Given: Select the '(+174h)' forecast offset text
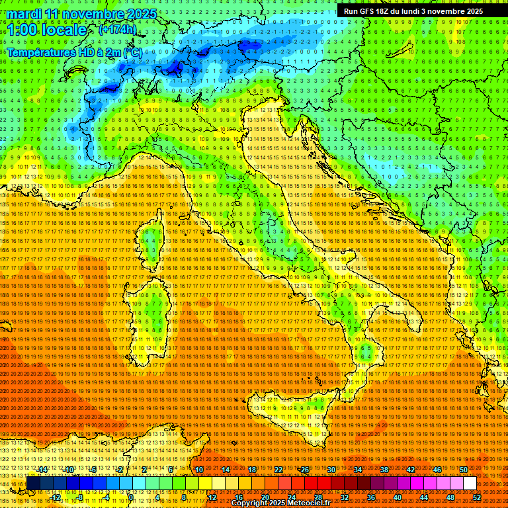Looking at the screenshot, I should (117, 29).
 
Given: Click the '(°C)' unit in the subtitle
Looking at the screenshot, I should (132, 52).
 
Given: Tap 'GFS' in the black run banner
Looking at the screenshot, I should (370, 11).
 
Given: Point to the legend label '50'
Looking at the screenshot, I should (463, 470).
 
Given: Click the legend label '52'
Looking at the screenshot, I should (476, 497).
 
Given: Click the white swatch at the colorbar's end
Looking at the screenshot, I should (470, 483).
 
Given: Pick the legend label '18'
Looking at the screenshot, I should (251, 470).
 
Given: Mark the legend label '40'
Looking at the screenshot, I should (397, 497).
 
